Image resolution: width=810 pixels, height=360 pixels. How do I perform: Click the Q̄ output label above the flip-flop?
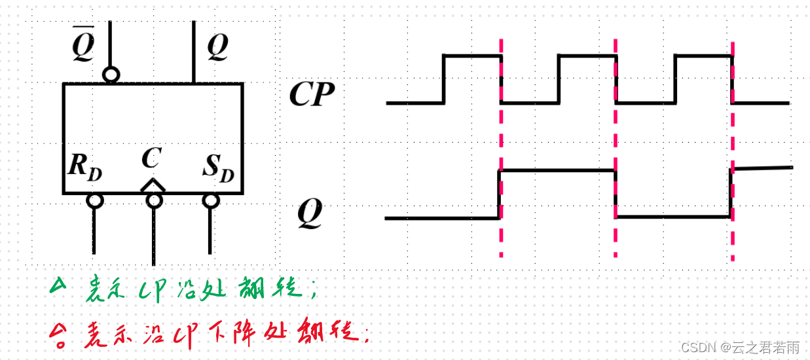point(83,45)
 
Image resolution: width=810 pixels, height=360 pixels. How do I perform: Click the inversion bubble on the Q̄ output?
point(111,75)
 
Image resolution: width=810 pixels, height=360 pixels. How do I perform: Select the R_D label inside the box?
point(84,168)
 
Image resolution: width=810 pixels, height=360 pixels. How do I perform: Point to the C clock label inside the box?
point(151,158)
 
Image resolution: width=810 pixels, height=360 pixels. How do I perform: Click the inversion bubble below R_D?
point(95,200)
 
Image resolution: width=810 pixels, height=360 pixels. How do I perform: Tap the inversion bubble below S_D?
point(210,200)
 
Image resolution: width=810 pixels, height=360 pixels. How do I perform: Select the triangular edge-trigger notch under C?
point(153,185)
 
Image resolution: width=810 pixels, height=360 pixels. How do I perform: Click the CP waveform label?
point(312,96)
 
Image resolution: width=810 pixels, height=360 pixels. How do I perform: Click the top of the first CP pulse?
point(472,56)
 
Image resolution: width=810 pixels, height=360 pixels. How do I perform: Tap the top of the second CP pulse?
point(587,56)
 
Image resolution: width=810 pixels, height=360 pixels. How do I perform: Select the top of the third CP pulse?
point(703,56)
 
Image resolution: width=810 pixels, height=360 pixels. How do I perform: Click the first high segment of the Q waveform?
point(557,171)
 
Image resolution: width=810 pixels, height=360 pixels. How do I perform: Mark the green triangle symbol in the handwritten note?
point(59,285)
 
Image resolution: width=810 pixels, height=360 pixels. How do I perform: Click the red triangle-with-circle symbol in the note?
point(59,335)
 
